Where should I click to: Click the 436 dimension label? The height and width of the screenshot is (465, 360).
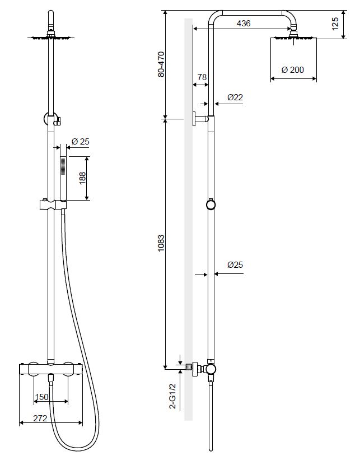(244, 23)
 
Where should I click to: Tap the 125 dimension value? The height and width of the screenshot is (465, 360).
(335, 24)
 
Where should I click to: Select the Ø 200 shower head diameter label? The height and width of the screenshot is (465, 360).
(293, 70)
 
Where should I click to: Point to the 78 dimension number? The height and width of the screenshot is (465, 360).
(202, 77)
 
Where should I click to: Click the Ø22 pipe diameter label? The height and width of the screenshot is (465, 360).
(235, 97)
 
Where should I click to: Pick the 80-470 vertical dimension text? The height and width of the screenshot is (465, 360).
(161, 64)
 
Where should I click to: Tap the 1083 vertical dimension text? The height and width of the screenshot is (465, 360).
(161, 244)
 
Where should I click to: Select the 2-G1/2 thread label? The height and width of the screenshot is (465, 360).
(172, 397)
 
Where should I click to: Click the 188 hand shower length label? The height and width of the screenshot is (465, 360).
(83, 178)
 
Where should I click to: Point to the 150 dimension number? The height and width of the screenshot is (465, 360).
(41, 397)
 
